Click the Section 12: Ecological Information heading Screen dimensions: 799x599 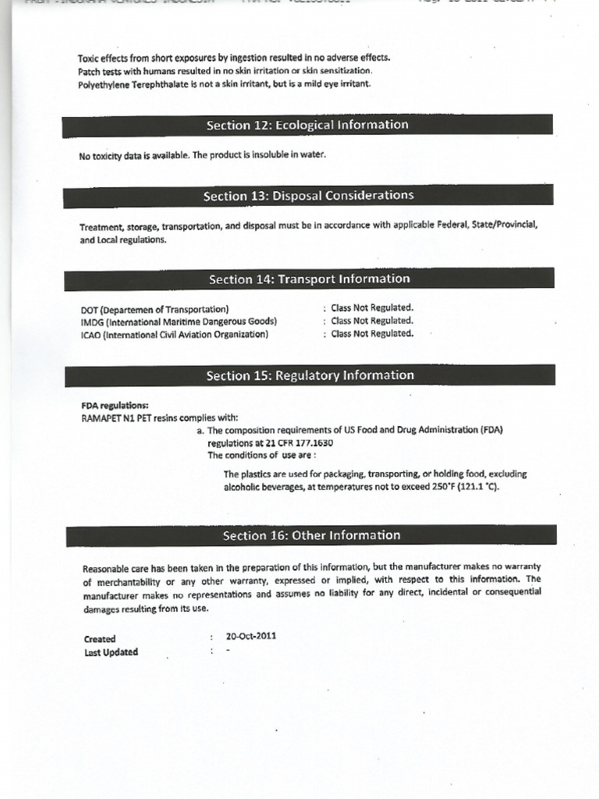307,125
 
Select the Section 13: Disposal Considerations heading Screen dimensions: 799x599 308,196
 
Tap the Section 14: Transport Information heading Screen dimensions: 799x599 309,279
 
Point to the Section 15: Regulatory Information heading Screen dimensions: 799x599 310,376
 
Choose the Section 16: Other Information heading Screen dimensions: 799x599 311,536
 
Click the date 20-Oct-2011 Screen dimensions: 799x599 250,636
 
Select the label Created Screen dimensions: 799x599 100,639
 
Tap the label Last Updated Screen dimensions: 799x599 111,652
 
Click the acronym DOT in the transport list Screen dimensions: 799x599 90,309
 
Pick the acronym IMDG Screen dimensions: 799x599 92,321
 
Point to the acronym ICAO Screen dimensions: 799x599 91,334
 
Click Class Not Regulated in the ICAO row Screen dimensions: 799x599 372,333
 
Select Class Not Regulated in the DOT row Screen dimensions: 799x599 372,307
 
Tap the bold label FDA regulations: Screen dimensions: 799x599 115,405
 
